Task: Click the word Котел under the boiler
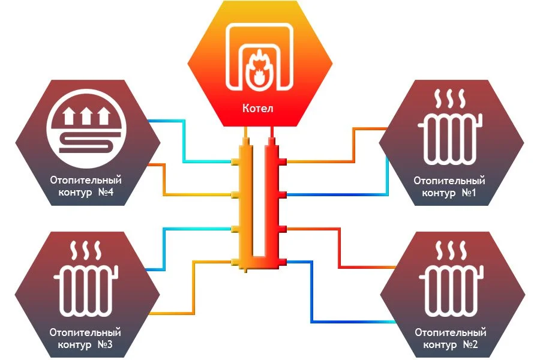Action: click(x=257, y=109)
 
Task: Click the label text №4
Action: click(x=110, y=193)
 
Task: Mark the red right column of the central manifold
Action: click(x=275, y=198)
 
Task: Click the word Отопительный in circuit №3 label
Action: click(x=86, y=332)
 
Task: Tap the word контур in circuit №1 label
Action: click(x=439, y=193)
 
